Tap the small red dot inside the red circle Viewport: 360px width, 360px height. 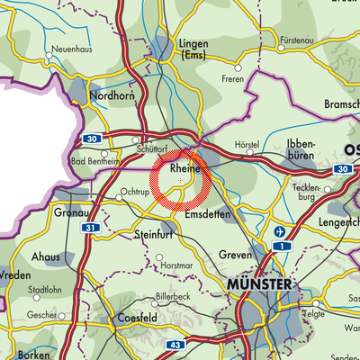pyautogui.click(x=181, y=181)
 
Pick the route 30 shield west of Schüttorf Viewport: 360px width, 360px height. pyautogui.click(x=93, y=139)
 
